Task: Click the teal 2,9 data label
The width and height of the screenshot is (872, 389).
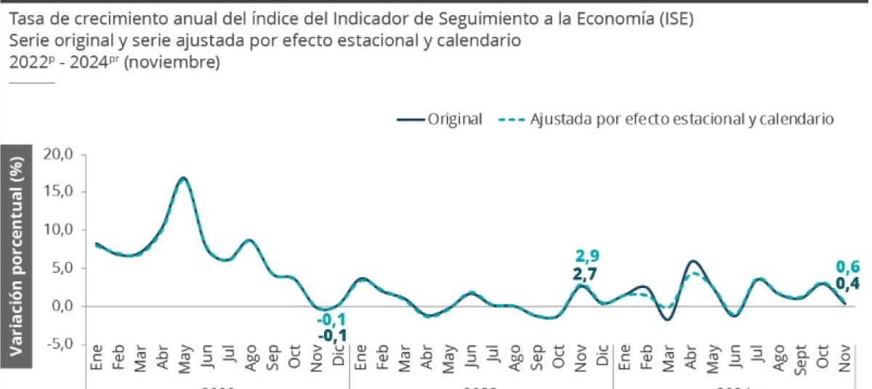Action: (587, 256)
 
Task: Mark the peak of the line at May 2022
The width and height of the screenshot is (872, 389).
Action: (183, 177)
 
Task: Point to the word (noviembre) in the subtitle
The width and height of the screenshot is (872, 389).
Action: (172, 63)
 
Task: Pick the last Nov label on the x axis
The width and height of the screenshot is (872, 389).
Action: (845, 359)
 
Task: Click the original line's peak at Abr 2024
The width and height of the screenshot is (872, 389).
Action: (693, 261)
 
